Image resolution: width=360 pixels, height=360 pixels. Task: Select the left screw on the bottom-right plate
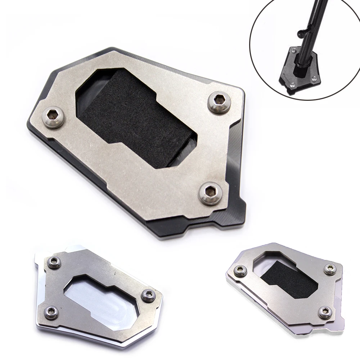[238, 269]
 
